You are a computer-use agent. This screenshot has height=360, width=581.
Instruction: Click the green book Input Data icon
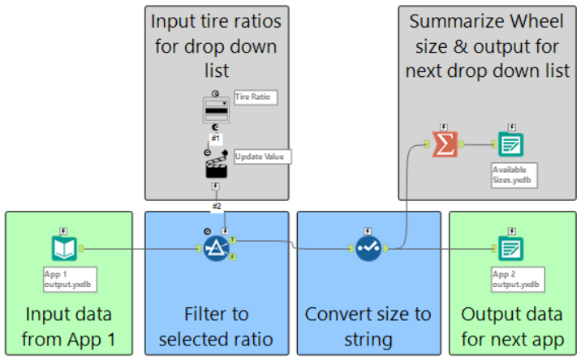pos(63,249)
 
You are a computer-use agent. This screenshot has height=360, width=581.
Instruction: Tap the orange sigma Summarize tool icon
pos(445,145)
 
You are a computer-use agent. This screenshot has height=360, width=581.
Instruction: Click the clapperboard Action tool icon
pos(215,166)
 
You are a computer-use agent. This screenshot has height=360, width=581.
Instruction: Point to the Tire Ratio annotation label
pos(255,97)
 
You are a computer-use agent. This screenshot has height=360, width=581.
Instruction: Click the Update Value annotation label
pos(261,156)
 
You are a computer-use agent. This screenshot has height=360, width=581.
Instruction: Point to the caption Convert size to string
pos(368,326)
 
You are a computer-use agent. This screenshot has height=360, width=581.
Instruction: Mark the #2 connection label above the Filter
pos(217,206)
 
